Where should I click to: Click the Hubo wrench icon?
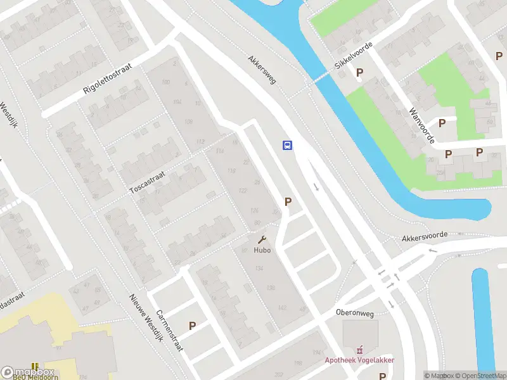[262, 240]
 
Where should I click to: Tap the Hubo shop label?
[262, 250]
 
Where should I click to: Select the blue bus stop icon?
[287, 145]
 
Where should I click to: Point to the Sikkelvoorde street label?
[353, 57]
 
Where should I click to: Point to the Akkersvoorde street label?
[425, 236]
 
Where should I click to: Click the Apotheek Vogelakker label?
[360, 360]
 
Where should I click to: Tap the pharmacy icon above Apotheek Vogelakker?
[360, 349]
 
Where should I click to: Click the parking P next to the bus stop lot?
[288, 202]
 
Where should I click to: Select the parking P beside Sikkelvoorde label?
[360, 72]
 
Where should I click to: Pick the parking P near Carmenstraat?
[192, 326]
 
